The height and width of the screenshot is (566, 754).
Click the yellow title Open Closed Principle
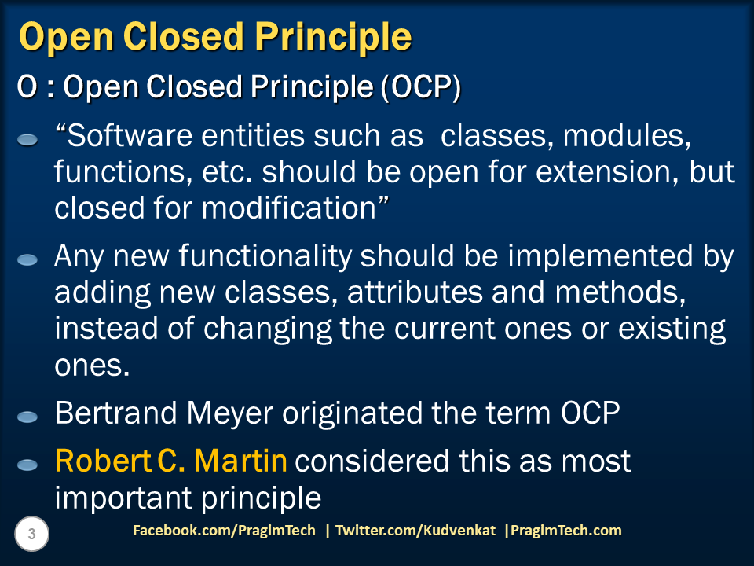click(214, 37)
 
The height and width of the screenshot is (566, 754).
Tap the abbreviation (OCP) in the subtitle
click(419, 89)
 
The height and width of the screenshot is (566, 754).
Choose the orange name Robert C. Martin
click(170, 461)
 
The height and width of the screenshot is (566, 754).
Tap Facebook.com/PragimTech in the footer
click(224, 531)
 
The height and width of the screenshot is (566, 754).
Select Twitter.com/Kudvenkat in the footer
click(415, 531)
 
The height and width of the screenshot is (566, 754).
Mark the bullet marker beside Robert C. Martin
click(27, 465)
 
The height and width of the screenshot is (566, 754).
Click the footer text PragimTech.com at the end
click(566, 531)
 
